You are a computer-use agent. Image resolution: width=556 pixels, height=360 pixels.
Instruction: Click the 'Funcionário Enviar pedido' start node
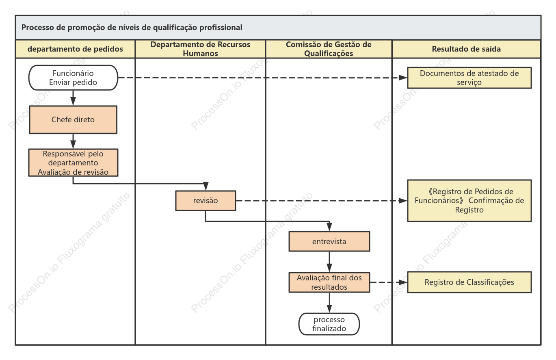point(73,78)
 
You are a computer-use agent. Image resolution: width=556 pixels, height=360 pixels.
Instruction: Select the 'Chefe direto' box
point(73,120)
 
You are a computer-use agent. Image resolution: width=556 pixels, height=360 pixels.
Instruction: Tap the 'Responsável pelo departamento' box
point(73,163)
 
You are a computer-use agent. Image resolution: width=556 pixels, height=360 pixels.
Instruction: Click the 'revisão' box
point(206,201)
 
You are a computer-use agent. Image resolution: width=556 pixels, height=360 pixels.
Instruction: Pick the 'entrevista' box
point(329,241)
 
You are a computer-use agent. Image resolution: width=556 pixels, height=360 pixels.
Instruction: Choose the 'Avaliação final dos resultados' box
point(329,282)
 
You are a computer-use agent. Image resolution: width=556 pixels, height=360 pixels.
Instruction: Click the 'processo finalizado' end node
point(329,324)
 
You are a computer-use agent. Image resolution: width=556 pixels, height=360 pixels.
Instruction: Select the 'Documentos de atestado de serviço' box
point(469,78)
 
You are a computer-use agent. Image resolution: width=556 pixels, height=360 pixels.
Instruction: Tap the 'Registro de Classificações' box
point(469,282)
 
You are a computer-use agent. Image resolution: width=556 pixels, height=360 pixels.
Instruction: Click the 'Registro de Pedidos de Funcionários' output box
point(469,201)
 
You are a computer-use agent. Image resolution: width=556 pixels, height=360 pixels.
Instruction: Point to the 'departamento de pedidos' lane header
point(75,49)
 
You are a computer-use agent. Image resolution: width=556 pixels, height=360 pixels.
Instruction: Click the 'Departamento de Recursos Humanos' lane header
point(200,49)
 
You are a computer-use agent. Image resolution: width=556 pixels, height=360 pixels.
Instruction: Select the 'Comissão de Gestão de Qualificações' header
point(329,49)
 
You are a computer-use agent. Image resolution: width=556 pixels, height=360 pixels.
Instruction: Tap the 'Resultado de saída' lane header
point(466,49)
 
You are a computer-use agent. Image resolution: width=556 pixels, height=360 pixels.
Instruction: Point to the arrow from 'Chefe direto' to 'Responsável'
point(73,141)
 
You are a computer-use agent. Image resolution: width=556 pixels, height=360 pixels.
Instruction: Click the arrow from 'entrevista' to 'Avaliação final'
point(329,262)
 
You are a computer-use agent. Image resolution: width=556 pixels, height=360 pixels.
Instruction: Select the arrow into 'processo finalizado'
point(329,303)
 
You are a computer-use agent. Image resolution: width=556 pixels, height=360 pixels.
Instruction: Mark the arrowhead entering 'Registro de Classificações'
point(403,282)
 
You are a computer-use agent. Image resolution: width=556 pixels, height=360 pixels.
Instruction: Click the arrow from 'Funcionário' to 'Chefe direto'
point(73,98)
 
